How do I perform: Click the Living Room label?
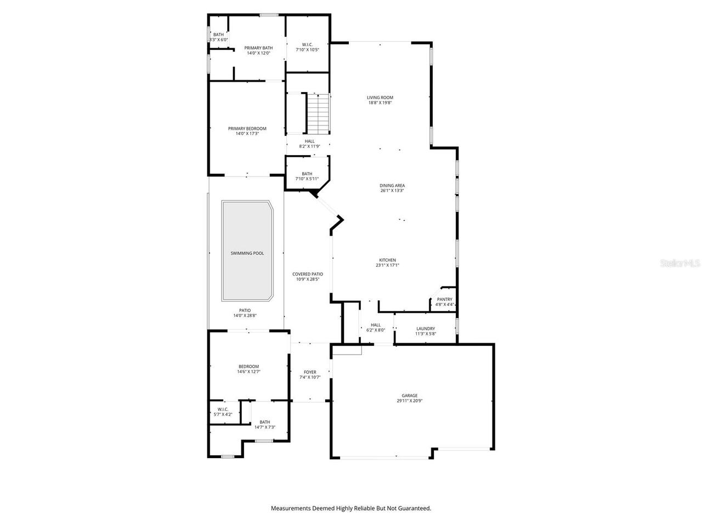coord(380,98)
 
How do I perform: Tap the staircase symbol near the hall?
coord(319,113)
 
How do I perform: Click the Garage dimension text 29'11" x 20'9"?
coord(410,401)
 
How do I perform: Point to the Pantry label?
coord(445,299)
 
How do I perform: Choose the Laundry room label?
coord(426,329)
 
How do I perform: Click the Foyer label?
coord(310,372)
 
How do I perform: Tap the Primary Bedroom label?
coord(247,129)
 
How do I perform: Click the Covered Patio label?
coord(307,274)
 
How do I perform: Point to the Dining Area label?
coord(392,186)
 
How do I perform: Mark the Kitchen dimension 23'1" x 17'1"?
coord(387,265)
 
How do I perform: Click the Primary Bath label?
coord(258,48)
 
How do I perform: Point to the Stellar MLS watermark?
coord(680,264)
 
